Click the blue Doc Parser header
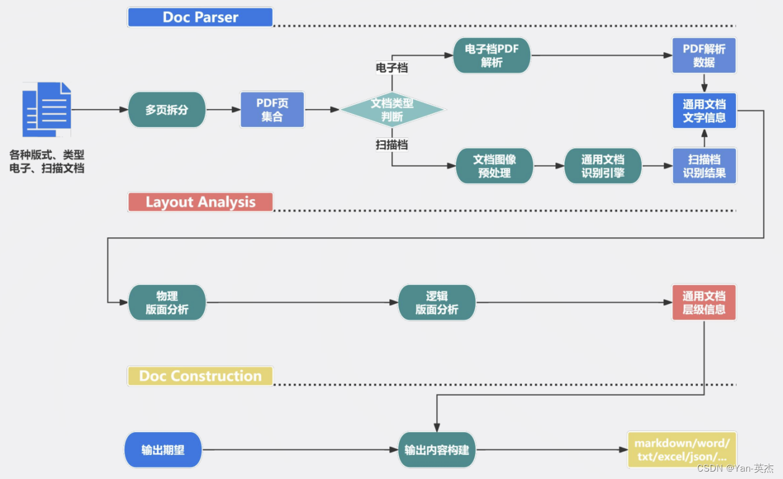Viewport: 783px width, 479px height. (x=200, y=17)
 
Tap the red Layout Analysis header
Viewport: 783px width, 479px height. (x=200, y=202)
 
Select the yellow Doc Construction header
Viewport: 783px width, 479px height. (x=200, y=376)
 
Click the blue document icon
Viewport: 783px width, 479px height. (x=47, y=109)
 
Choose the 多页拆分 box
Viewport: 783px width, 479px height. (x=167, y=110)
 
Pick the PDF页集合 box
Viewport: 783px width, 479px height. (x=272, y=110)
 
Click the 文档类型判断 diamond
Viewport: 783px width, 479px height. (x=392, y=110)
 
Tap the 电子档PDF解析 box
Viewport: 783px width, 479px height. (x=492, y=55)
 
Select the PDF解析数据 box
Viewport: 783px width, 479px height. (x=704, y=55)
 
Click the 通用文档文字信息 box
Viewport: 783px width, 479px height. (x=704, y=111)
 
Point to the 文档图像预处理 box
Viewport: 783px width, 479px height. (x=494, y=166)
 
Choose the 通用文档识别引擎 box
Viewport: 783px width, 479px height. (x=603, y=166)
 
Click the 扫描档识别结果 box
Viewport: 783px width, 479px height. (x=704, y=166)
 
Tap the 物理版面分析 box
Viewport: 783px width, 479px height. (x=167, y=302)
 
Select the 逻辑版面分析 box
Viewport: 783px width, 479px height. (x=437, y=302)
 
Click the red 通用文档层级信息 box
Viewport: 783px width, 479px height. (x=704, y=302)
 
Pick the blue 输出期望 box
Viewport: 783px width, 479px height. (x=163, y=449)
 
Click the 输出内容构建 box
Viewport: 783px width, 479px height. (x=437, y=449)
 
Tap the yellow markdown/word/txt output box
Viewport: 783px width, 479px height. (x=682, y=449)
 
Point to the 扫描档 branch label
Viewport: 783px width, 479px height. (x=392, y=145)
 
